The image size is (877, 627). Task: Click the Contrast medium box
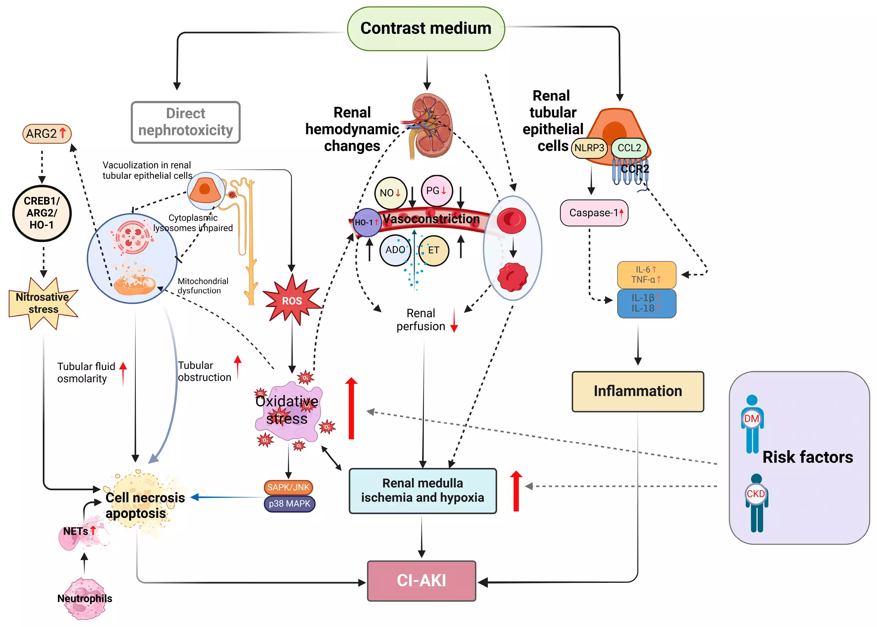[426, 29]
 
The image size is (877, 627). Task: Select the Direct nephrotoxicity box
[186, 122]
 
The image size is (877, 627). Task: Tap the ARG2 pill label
[47, 134]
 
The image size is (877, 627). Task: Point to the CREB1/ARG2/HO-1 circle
[42, 213]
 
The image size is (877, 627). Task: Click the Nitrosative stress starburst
[43, 304]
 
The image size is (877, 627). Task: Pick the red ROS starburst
[292, 300]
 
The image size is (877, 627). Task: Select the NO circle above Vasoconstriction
[390, 193]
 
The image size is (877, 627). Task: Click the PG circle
[437, 191]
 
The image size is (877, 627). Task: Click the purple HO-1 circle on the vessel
[367, 223]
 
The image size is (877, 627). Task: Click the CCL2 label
[629, 148]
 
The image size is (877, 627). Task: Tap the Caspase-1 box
[594, 213]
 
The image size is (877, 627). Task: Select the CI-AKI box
[421, 581]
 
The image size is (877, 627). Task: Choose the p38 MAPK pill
[289, 504]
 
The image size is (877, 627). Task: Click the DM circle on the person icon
[751, 419]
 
